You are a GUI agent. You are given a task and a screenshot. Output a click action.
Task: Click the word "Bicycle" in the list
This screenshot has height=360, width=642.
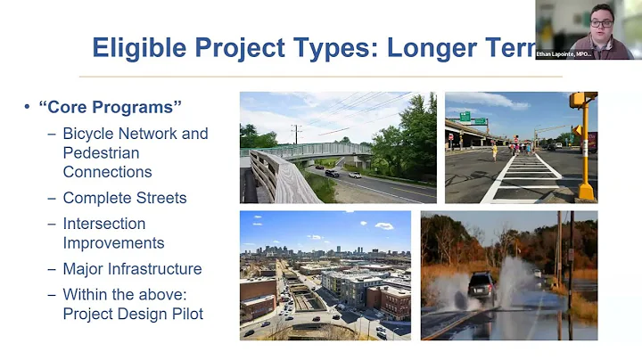(89, 134)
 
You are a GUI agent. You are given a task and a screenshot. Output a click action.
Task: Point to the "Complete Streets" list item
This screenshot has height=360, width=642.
(124, 198)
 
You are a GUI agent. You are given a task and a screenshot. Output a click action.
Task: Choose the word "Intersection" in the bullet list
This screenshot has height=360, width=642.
(103, 224)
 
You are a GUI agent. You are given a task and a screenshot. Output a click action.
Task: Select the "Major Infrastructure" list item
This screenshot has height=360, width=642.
(132, 269)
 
